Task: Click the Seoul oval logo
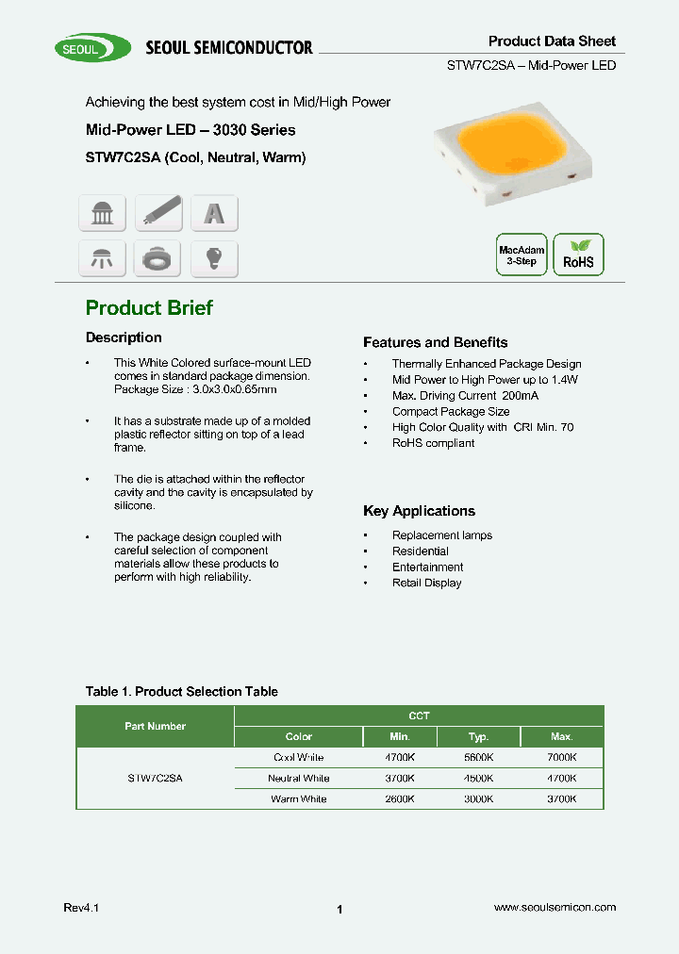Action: click(x=92, y=47)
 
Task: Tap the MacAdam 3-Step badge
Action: click(x=522, y=255)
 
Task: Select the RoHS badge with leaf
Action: click(x=578, y=255)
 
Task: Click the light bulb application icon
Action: click(x=214, y=257)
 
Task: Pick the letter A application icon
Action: click(x=214, y=213)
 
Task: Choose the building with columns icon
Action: click(x=102, y=213)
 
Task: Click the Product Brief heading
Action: click(x=149, y=308)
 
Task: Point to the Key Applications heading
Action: click(x=419, y=511)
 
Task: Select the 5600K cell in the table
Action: click(x=479, y=758)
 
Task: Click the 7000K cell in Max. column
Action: click(x=562, y=758)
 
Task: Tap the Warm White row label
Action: click(x=298, y=799)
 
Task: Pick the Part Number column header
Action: click(x=155, y=727)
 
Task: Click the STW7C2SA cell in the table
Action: click(x=155, y=779)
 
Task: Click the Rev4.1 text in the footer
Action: click(x=81, y=907)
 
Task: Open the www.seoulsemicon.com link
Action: click(x=555, y=907)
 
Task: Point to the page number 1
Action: click(x=339, y=910)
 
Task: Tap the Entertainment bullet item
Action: click(x=427, y=567)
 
